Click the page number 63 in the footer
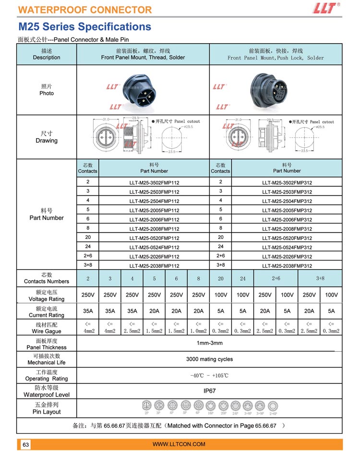point(26,445)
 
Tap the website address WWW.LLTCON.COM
point(179,444)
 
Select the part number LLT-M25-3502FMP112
point(154,183)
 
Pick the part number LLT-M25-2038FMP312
point(287,266)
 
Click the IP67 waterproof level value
point(209,391)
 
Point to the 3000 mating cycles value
point(209,359)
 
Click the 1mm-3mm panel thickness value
point(209,343)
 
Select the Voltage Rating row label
point(47,296)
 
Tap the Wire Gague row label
point(47,328)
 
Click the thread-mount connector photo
point(143,90)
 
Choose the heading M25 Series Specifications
point(84,27)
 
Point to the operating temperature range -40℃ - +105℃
point(209,375)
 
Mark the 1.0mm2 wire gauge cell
point(198,328)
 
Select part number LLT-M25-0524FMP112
point(154,248)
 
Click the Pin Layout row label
point(47,409)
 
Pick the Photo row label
point(47,90)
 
